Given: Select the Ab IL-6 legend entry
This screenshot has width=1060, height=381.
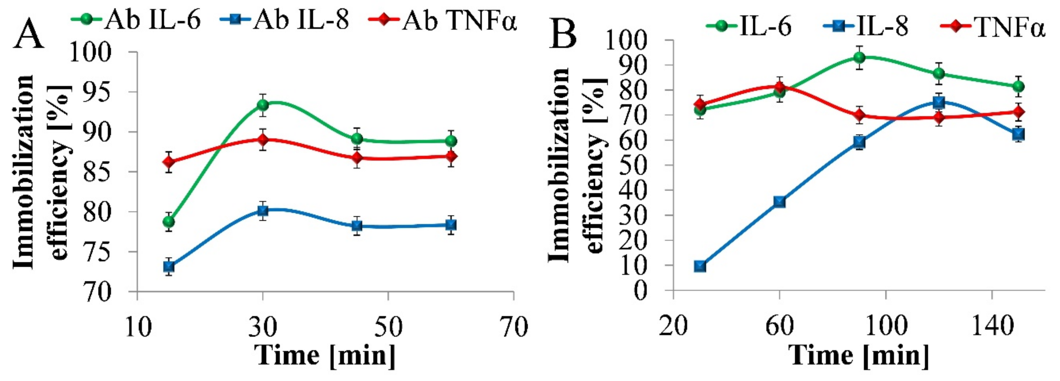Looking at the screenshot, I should pos(136,19).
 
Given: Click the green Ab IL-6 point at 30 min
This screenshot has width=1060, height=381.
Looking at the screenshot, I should pos(263,105).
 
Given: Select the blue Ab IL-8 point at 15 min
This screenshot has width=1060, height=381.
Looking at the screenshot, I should pos(169,266).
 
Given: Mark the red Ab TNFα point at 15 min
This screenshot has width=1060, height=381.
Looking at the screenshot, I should pos(169,162).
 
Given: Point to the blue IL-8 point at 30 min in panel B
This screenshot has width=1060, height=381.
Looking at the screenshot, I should pos(700,266).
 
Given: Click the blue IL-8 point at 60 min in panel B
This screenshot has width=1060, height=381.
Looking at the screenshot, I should pos(779,202).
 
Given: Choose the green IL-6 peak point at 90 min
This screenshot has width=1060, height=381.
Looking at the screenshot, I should pos(859,57).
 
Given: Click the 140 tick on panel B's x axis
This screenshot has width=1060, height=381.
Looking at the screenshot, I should pos(992,326).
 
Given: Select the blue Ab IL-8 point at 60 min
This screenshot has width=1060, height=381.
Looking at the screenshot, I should pos(452,225).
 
